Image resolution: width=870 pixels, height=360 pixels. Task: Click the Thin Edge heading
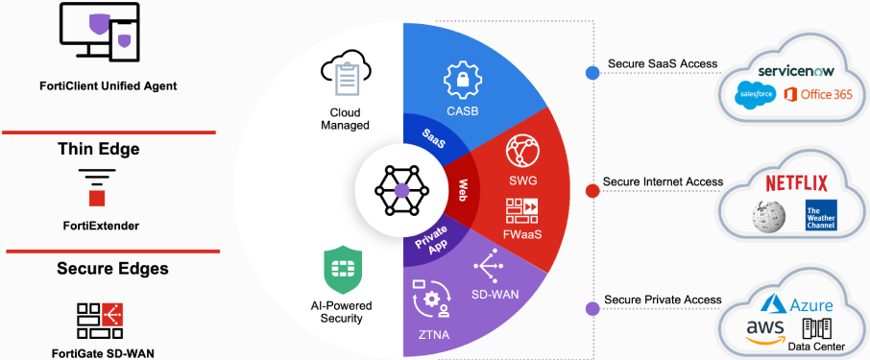tap(99, 149)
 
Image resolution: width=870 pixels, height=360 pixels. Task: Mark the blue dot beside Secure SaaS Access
tap(593, 70)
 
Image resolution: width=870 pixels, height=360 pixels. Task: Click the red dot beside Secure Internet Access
tap(593, 190)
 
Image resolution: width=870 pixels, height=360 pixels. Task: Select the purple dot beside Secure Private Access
tap(593, 308)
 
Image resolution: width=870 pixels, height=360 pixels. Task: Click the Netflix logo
tap(796, 181)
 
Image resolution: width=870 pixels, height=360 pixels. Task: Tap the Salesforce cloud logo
tap(755, 94)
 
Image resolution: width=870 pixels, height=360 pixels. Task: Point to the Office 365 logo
tap(809, 94)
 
